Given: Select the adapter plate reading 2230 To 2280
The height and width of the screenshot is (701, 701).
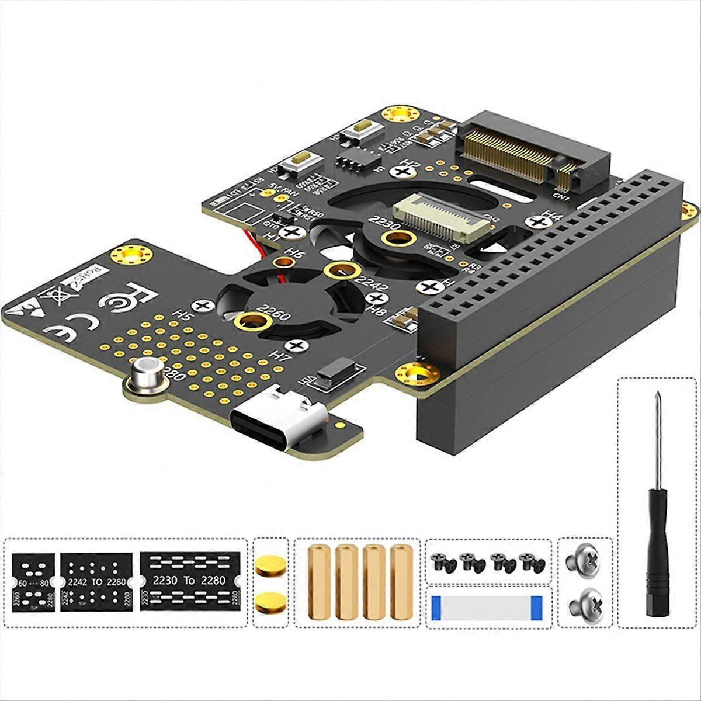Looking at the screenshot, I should tap(189, 582).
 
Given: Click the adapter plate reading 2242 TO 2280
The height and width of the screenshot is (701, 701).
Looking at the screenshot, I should tap(96, 582).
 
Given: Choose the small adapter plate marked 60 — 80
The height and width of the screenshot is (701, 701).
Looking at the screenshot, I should tap(33, 582).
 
